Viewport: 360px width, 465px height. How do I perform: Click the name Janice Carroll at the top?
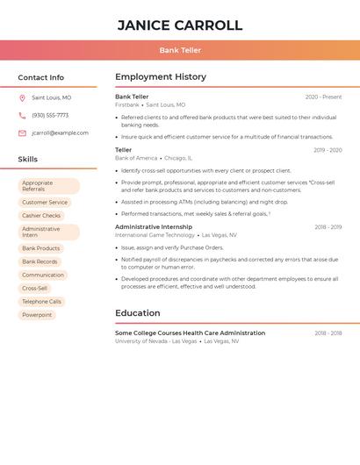point(179,25)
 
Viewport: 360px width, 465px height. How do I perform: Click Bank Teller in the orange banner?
point(180,50)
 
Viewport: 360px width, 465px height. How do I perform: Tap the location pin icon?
point(22,98)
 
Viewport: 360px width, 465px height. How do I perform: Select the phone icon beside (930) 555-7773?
point(22,116)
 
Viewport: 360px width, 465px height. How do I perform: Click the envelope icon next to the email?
point(22,133)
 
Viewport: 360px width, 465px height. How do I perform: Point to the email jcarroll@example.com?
point(60,133)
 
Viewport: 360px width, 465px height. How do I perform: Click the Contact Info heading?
point(40,77)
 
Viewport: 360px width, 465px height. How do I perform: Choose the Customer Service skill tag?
point(44,203)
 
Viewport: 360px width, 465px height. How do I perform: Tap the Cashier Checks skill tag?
point(41,216)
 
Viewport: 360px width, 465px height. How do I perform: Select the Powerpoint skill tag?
point(37,315)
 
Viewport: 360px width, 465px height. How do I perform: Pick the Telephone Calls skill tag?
point(41,302)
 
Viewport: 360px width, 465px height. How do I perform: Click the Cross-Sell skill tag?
point(34,289)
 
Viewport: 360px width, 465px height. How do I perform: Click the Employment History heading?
point(160,77)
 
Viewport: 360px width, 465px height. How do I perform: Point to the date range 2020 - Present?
point(323,97)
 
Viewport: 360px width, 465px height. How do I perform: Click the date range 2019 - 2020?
point(328,150)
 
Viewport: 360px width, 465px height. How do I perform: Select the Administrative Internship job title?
point(153,227)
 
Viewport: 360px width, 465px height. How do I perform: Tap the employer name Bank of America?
point(136,158)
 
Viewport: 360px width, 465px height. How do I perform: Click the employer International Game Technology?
point(155,235)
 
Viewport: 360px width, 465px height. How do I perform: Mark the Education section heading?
point(137,313)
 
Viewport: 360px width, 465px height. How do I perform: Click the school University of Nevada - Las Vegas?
point(155,341)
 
